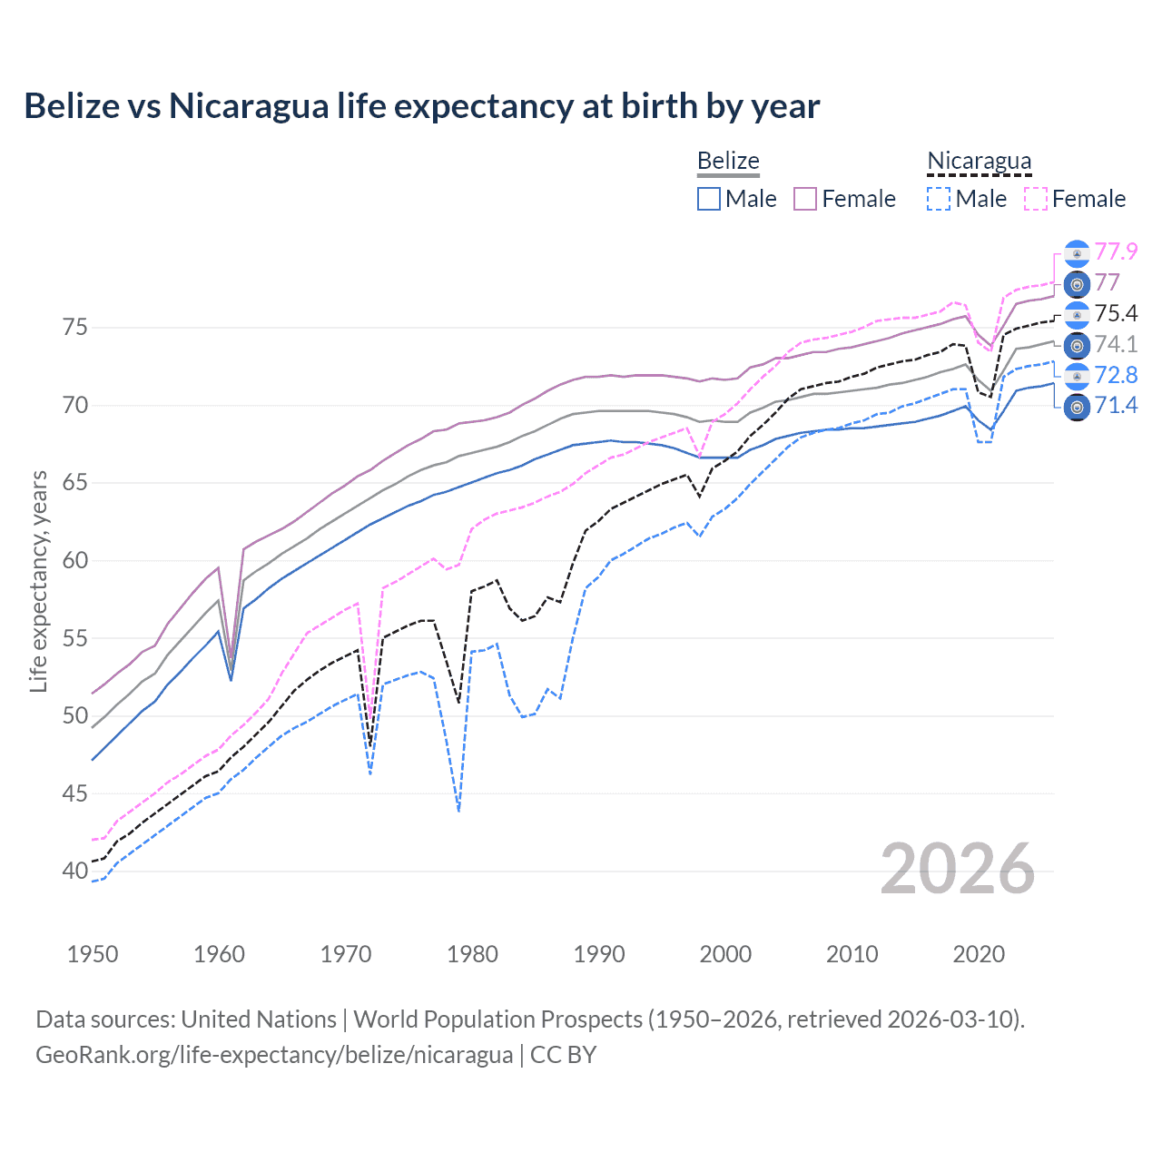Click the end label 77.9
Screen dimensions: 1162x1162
(1116, 251)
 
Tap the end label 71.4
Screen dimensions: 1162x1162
(1116, 406)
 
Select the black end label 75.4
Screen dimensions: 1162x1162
(1116, 313)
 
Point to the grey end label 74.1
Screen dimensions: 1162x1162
(1116, 344)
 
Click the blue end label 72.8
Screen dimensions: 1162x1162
(1116, 375)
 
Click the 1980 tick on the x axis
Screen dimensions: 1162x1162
(472, 954)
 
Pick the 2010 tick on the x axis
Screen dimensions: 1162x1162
(852, 954)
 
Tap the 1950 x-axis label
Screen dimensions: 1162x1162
(93, 954)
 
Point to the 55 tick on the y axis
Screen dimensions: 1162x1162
(75, 638)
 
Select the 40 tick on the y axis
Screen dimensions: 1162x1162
(75, 871)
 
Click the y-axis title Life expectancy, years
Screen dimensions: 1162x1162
(38, 581)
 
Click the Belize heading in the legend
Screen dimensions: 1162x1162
(728, 161)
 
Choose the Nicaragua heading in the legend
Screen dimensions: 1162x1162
(979, 161)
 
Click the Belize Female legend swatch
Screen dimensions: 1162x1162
(805, 199)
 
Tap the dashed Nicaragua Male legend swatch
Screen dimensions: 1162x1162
(939, 199)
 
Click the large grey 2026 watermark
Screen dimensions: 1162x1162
(957, 869)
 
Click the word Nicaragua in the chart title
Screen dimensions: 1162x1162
(248, 106)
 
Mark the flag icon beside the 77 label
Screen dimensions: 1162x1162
(1077, 284)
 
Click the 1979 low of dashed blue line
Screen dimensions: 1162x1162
(459, 810)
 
